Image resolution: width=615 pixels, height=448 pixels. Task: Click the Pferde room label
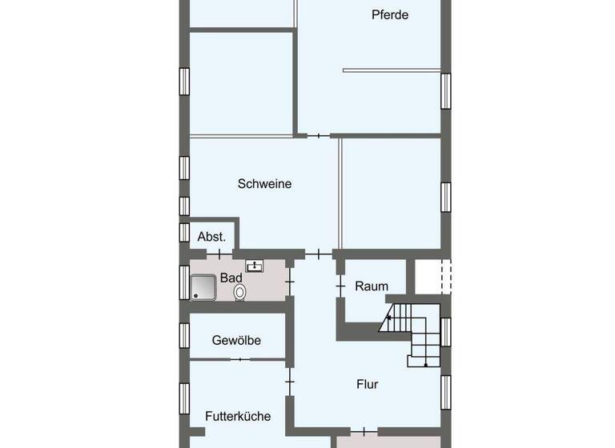click(x=390, y=14)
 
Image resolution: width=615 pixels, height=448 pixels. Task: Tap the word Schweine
click(x=264, y=184)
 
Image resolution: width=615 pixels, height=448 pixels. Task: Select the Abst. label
click(x=211, y=237)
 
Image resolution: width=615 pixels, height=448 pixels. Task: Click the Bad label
click(x=231, y=278)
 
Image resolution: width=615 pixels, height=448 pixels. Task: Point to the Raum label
click(x=372, y=286)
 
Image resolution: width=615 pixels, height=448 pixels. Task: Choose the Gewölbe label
click(x=236, y=341)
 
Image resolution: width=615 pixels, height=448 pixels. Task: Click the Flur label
click(x=367, y=384)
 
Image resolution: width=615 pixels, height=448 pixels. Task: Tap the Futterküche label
click(x=237, y=416)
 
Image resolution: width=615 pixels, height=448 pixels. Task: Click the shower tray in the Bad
click(x=203, y=286)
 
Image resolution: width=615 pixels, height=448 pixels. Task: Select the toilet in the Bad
click(x=239, y=293)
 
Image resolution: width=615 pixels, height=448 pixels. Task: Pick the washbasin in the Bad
click(x=255, y=266)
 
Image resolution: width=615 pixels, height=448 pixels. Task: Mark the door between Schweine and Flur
click(x=319, y=254)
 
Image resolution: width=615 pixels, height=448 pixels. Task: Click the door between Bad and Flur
click(x=291, y=282)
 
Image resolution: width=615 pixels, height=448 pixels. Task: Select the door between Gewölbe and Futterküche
click(x=239, y=360)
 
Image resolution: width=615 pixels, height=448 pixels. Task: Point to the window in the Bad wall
click(x=184, y=282)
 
